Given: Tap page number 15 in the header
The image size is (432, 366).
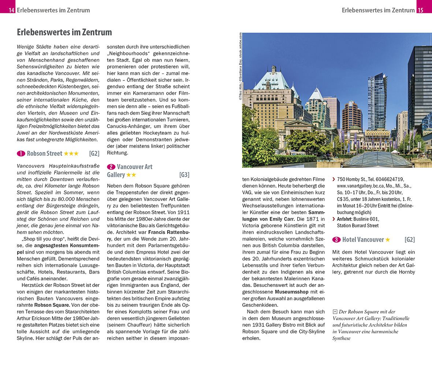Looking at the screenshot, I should click(x=420, y=10).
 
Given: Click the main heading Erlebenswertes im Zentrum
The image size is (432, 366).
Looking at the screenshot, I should click(x=64, y=32).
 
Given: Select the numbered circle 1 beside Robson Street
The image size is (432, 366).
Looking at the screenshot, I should click(x=21, y=153).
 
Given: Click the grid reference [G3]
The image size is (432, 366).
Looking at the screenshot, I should click(x=184, y=175).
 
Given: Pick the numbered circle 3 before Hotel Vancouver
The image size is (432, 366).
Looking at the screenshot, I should click(x=336, y=240).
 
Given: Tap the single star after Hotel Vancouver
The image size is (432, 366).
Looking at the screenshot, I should click(x=388, y=240).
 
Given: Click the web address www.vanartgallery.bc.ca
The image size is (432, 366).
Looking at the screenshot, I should click(x=362, y=186).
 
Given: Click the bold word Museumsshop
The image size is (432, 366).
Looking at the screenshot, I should click(x=291, y=292).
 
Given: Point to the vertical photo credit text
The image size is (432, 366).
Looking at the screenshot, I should click(x=240, y=66).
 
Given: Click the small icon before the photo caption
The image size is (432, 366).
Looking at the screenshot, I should click(x=335, y=312).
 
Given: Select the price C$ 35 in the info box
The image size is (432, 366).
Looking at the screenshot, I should click(x=343, y=199).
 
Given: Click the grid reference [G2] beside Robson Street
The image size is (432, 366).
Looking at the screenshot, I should click(x=94, y=153).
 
